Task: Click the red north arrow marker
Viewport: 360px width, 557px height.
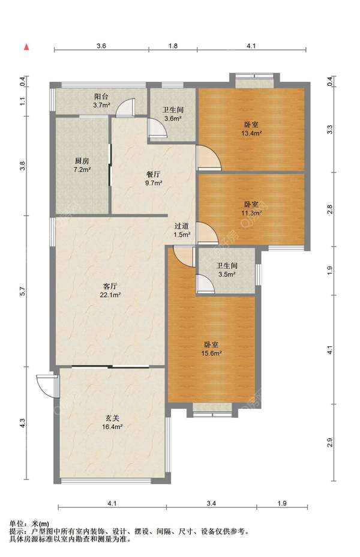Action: [26, 47]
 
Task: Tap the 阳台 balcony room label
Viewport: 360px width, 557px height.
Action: [101, 97]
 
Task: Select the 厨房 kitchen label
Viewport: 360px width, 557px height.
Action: [82, 161]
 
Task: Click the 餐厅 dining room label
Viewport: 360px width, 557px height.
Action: [154, 175]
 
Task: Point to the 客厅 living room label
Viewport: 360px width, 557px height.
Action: [110, 286]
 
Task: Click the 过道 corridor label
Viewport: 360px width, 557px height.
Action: [182, 226]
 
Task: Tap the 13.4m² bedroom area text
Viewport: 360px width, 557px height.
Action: [251, 134]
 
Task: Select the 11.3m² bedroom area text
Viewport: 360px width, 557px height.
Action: [251, 214]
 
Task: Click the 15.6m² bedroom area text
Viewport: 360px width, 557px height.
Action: [212, 354]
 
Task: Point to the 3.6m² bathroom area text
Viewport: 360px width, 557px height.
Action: [173, 119]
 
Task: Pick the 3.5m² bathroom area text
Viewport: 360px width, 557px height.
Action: [227, 274]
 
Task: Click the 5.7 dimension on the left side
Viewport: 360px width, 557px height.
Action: [23, 291]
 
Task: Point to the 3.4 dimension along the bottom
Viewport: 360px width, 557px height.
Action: [211, 503]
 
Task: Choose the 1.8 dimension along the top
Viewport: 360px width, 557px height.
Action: [173, 46]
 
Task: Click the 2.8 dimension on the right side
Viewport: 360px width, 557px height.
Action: [330, 209]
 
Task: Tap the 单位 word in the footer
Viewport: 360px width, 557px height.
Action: [16, 523]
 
